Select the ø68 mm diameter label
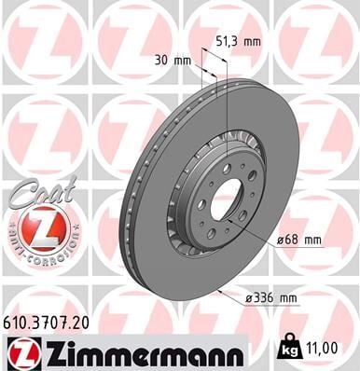coord(298,240)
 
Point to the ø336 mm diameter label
coord(272,299)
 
